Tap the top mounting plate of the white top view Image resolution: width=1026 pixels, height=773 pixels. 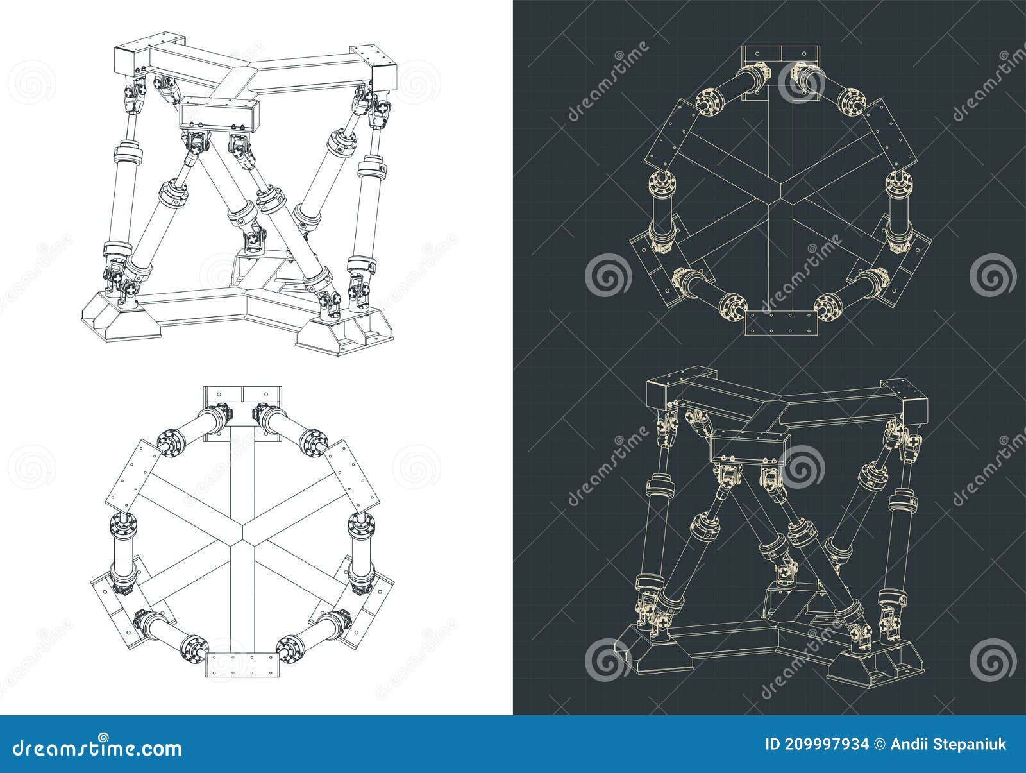(x=242, y=403)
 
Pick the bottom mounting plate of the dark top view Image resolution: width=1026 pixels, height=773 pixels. (x=780, y=324)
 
